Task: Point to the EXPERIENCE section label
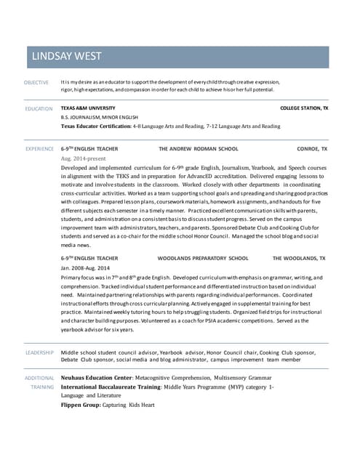[x=39, y=148]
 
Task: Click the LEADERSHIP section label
[x=39, y=352]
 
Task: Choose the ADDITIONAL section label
[x=40, y=378]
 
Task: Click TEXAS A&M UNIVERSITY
[x=88, y=108]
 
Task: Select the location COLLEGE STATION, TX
[x=304, y=108]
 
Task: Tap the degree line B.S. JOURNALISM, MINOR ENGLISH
[x=100, y=117]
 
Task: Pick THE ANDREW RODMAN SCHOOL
[x=199, y=148]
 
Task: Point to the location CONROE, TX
[x=313, y=148]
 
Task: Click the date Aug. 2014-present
[x=84, y=158]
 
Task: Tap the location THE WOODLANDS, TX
[x=299, y=258]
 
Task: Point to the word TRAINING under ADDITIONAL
[x=41, y=387]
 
